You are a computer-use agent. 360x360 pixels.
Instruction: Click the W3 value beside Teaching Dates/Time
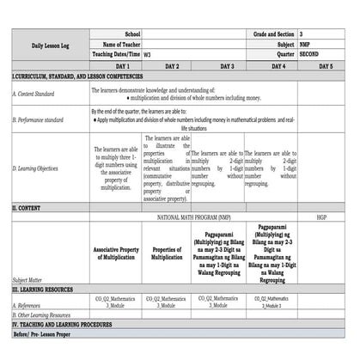click(148, 53)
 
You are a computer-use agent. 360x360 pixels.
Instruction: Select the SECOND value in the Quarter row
click(312, 53)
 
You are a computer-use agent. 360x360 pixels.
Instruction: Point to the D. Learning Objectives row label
click(35, 168)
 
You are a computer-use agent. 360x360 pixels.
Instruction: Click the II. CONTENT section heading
click(27, 208)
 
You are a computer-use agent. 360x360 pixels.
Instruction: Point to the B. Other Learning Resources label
click(41, 315)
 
